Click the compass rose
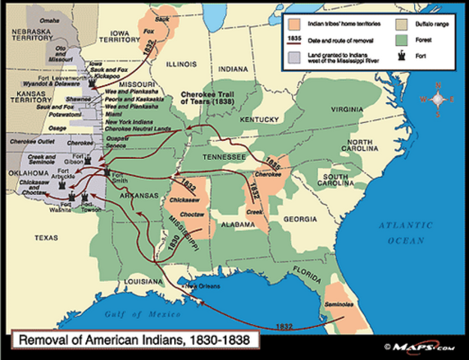440,98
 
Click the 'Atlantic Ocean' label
406,232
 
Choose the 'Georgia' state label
298,218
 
